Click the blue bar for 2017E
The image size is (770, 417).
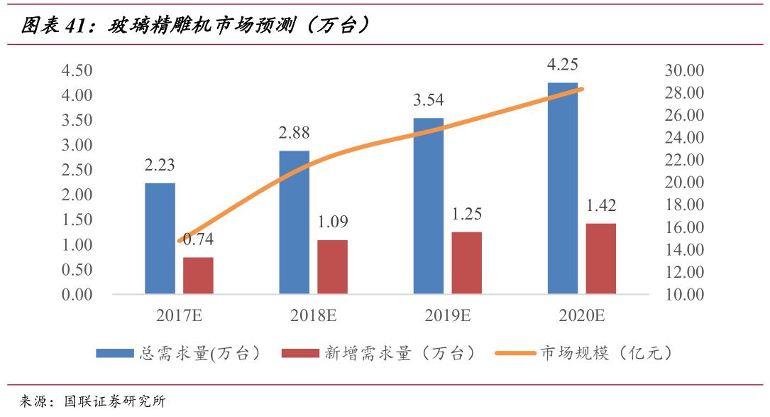160,239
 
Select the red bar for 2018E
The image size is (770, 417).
332,267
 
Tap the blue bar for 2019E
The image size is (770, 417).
428,206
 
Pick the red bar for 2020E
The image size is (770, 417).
600,259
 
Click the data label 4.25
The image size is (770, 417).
562,65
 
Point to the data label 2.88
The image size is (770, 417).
294,133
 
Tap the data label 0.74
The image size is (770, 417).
199,239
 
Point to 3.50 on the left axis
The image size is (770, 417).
77,120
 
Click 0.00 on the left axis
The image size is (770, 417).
77,294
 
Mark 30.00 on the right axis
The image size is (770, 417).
683,70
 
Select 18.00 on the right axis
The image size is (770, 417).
683,205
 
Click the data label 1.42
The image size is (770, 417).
600,205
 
